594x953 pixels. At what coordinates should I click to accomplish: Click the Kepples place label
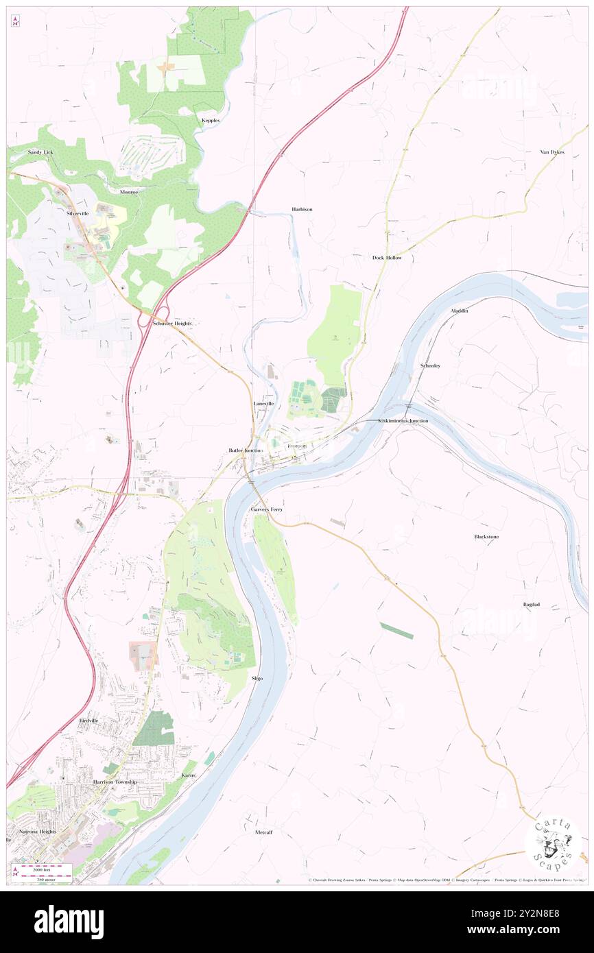(211, 120)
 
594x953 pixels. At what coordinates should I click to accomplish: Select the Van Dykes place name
(551, 152)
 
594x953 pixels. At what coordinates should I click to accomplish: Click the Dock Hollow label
(387, 258)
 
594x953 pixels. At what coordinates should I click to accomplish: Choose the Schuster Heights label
(172, 323)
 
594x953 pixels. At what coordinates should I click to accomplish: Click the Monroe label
(129, 192)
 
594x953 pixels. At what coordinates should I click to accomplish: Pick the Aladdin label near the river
(459, 311)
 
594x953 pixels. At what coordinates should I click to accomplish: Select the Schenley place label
(430, 366)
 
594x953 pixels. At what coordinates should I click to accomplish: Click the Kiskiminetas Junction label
(403, 420)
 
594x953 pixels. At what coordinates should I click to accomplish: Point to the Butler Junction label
(246, 450)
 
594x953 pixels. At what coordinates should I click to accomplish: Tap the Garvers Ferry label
(266, 510)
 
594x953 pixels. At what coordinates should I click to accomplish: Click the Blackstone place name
(486, 536)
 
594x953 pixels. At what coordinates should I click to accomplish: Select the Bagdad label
(531, 605)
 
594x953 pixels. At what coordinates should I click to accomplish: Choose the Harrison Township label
(115, 782)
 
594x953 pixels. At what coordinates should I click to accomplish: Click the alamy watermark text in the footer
(69, 921)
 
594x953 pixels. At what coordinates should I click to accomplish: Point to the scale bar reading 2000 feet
(46, 867)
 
